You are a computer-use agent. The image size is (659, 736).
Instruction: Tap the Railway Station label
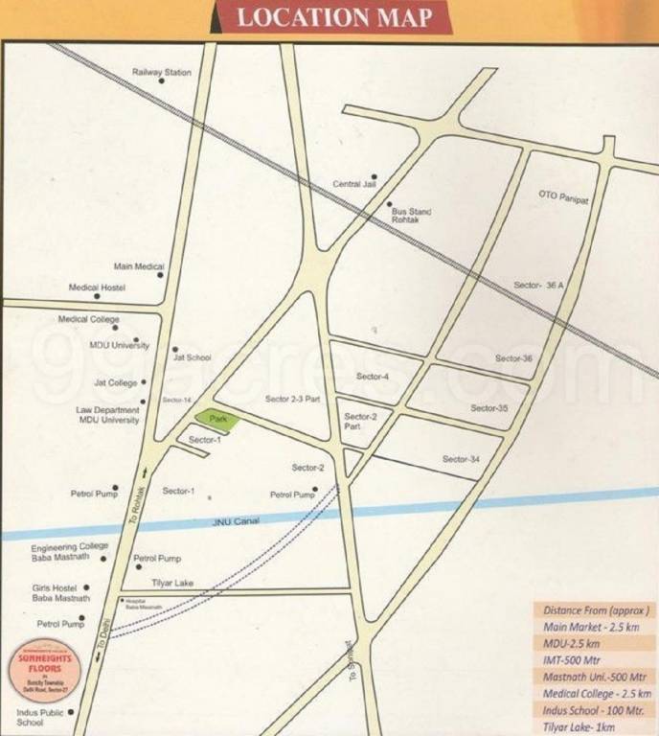tap(162, 73)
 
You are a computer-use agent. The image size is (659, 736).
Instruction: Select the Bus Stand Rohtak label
tap(412, 216)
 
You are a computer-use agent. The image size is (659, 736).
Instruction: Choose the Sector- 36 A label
tap(540, 287)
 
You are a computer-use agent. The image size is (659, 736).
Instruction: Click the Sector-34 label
tap(461, 460)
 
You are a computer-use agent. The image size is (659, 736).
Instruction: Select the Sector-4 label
tap(372, 377)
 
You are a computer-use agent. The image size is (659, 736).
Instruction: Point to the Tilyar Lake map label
tap(172, 583)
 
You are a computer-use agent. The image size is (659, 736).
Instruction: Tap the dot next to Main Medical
tap(160, 275)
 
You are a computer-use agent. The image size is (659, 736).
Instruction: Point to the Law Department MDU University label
tap(109, 415)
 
